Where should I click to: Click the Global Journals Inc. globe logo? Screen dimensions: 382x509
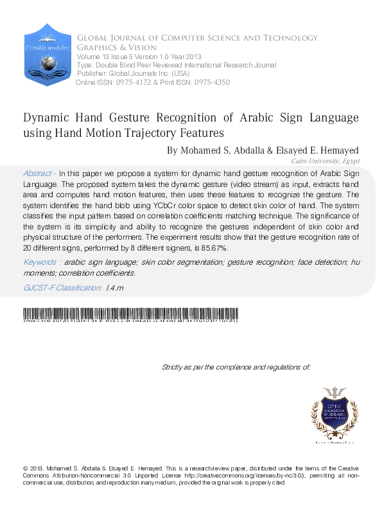(47, 57)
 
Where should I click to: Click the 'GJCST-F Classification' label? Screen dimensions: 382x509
(62, 288)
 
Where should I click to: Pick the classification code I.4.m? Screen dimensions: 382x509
(114, 288)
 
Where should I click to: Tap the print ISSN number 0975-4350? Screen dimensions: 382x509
(209, 82)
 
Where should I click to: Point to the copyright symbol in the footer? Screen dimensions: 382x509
(25, 468)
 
